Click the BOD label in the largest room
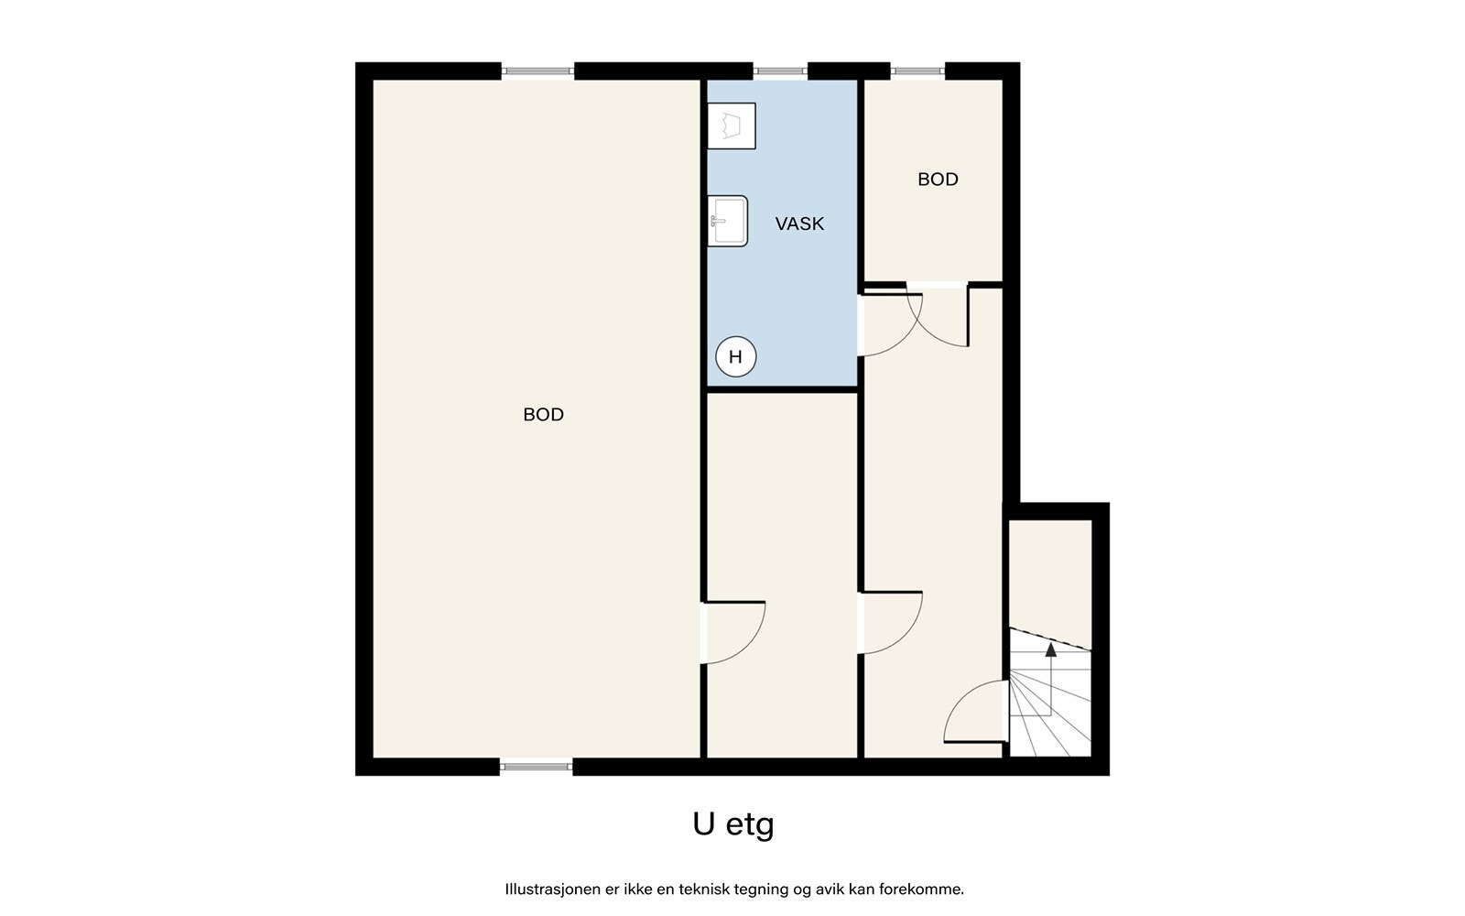pyautogui.click(x=543, y=415)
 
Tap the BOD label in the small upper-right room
pyautogui.click(x=938, y=180)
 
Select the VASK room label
pyautogui.click(x=799, y=224)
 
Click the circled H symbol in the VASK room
pyautogui.click(x=735, y=357)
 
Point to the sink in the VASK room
pyautogui.click(x=728, y=221)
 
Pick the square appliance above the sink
pyautogui.click(x=732, y=125)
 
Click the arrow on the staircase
pyautogui.click(x=1050, y=650)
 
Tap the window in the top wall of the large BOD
pyautogui.click(x=537, y=71)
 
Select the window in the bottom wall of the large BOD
pyautogui.click(x=537, y=767)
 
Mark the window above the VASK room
pyautogui.click(x=781, y=71)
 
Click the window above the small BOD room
pyautogui.click(x=918, y=71)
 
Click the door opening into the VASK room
pyautogui.click(x=884, y=324)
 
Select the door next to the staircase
pyautogui.click(x=976, y=712)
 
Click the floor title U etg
pyautogui.click(x=733, y=824)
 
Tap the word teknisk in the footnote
pyautogui.click(x=704, y=889)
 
